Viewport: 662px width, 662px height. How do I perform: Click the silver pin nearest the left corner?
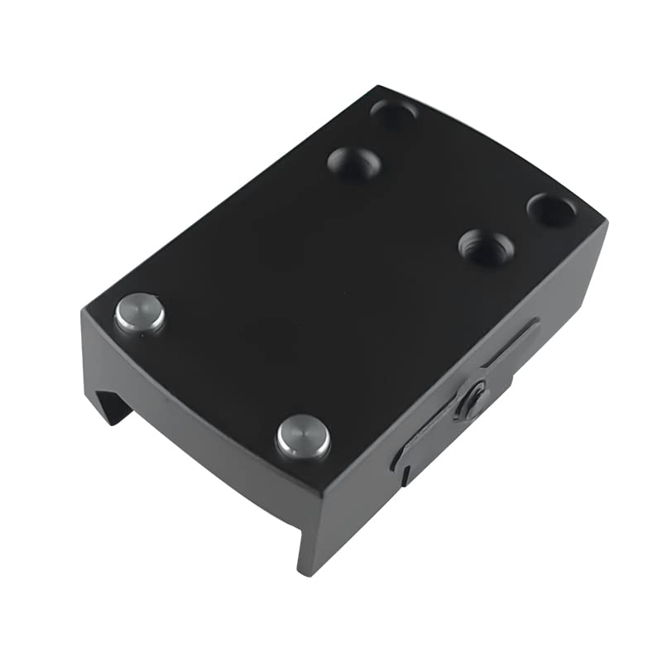(x=139, y=314)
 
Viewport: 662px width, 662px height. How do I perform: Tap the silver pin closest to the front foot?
(x=303, y=436)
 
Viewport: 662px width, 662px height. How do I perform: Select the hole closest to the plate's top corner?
(x=394, y=113)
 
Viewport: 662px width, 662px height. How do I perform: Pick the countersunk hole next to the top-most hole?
(x=354, y=162)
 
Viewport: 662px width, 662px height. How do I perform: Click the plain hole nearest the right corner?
(x=551, y=209)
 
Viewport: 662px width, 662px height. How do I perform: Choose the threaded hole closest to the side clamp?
(x=487, y=247)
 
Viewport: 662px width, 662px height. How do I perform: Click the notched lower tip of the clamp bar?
(x=403, y=473)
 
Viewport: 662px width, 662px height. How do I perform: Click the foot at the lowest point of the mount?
(x=308, y=563)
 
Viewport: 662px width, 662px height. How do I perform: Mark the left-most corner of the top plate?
(x=85, y=311)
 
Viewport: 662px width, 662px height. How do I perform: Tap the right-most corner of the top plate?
(x=606, y=222)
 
